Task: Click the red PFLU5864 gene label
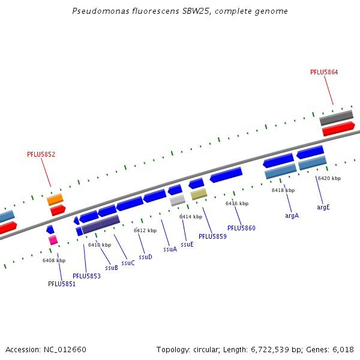(x=324, y=72)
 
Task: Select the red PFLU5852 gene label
(x=41, y=154)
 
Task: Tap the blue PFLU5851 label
(x=62, y=284)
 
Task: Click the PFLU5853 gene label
(x=86, y=276)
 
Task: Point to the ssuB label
(x=112, y=268)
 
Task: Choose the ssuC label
(x=128, y=263)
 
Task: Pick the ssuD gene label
(x=145, y=257)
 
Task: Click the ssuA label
(x=170, y=249)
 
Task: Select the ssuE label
(x=187, y=244)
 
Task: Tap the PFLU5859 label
(x=212, y=236)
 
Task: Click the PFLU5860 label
(x=241, y=228)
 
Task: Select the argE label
(x=323, y=207)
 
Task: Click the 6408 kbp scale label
(x=54, y=260)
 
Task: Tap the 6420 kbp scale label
(x=329, y=178)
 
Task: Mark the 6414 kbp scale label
(x=191, y=217)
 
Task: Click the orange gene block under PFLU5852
(x=55, y=199)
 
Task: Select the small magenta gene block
(x=53, y=240)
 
